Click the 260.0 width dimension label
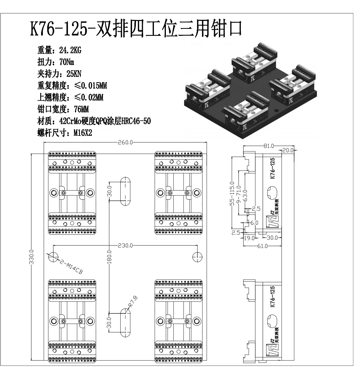(x=125, y=142)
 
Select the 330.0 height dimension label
(x=32, y=257)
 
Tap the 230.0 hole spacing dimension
(x=125, y=245)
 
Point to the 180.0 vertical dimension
(x=109, y=257)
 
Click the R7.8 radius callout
(x=133, y=302)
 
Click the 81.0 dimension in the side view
(x=268, y=146)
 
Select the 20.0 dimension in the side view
(x=288, y=150)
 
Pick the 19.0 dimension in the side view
(x=249, y=238)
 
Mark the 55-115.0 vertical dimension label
(x=232, y=194)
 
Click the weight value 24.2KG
(x=70, y=50)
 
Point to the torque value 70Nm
(x=66, y=62)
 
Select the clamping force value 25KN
(x=74, y=74)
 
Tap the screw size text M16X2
(x=82, y=133)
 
